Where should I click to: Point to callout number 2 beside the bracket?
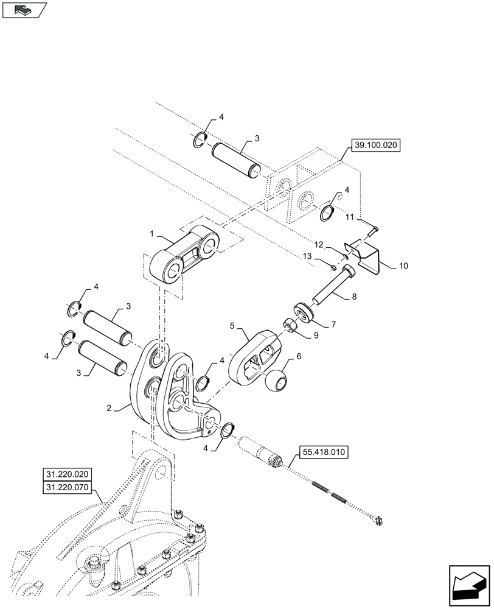[108, 409]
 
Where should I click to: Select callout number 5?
[232, 326]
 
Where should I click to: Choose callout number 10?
[403, 267]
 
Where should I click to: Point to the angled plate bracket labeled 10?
[364, 254]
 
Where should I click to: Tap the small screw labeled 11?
[372, 230]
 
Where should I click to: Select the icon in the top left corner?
[24, 10]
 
